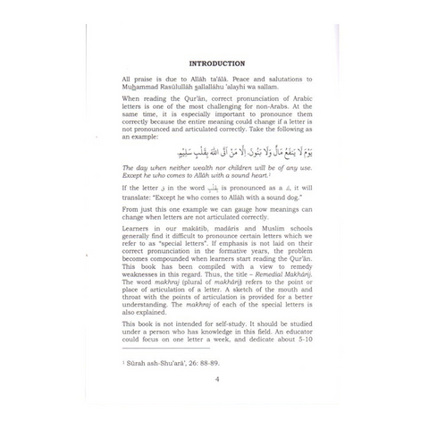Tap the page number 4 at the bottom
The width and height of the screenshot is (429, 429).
216,403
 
